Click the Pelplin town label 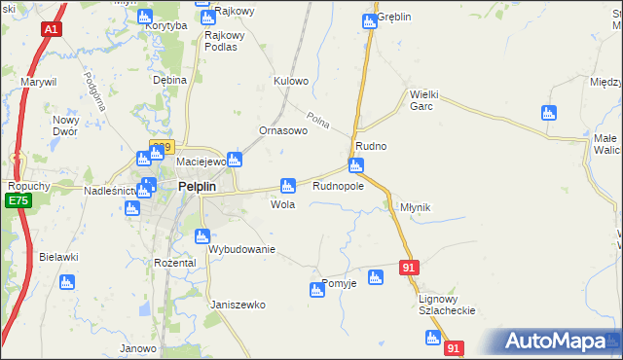coord(203,187)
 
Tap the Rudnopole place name coord(338,185)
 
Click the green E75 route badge coord(16,200)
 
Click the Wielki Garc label coord(427,100)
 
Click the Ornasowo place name coord(283,130)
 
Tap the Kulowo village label coord(291,81)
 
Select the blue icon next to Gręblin coord(369,19)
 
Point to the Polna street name coord(319,122)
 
